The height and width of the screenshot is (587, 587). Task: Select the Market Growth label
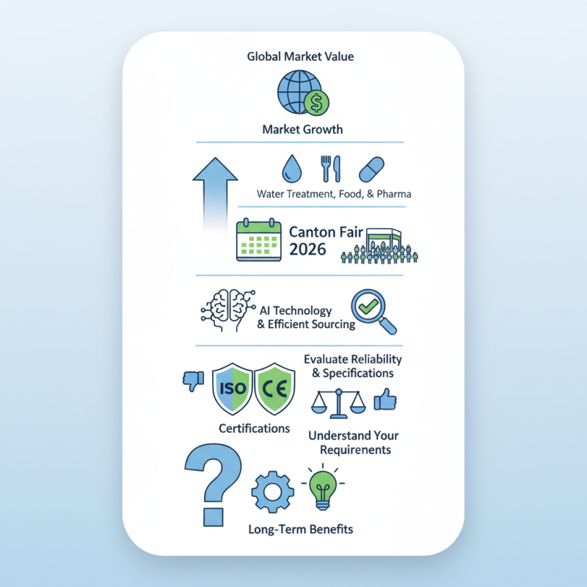click(x=302, y=130)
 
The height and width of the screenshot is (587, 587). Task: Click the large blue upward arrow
click(x=214, y=192)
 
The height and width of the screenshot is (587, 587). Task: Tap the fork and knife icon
click(x=327, y=169)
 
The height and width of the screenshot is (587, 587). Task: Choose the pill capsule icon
click(x=371, y=169)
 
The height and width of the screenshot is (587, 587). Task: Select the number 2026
click(x=307, y=249)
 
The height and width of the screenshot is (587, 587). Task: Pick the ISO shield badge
click(x=232, y=388)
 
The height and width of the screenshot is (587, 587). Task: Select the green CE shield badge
click(x=273, y=388)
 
